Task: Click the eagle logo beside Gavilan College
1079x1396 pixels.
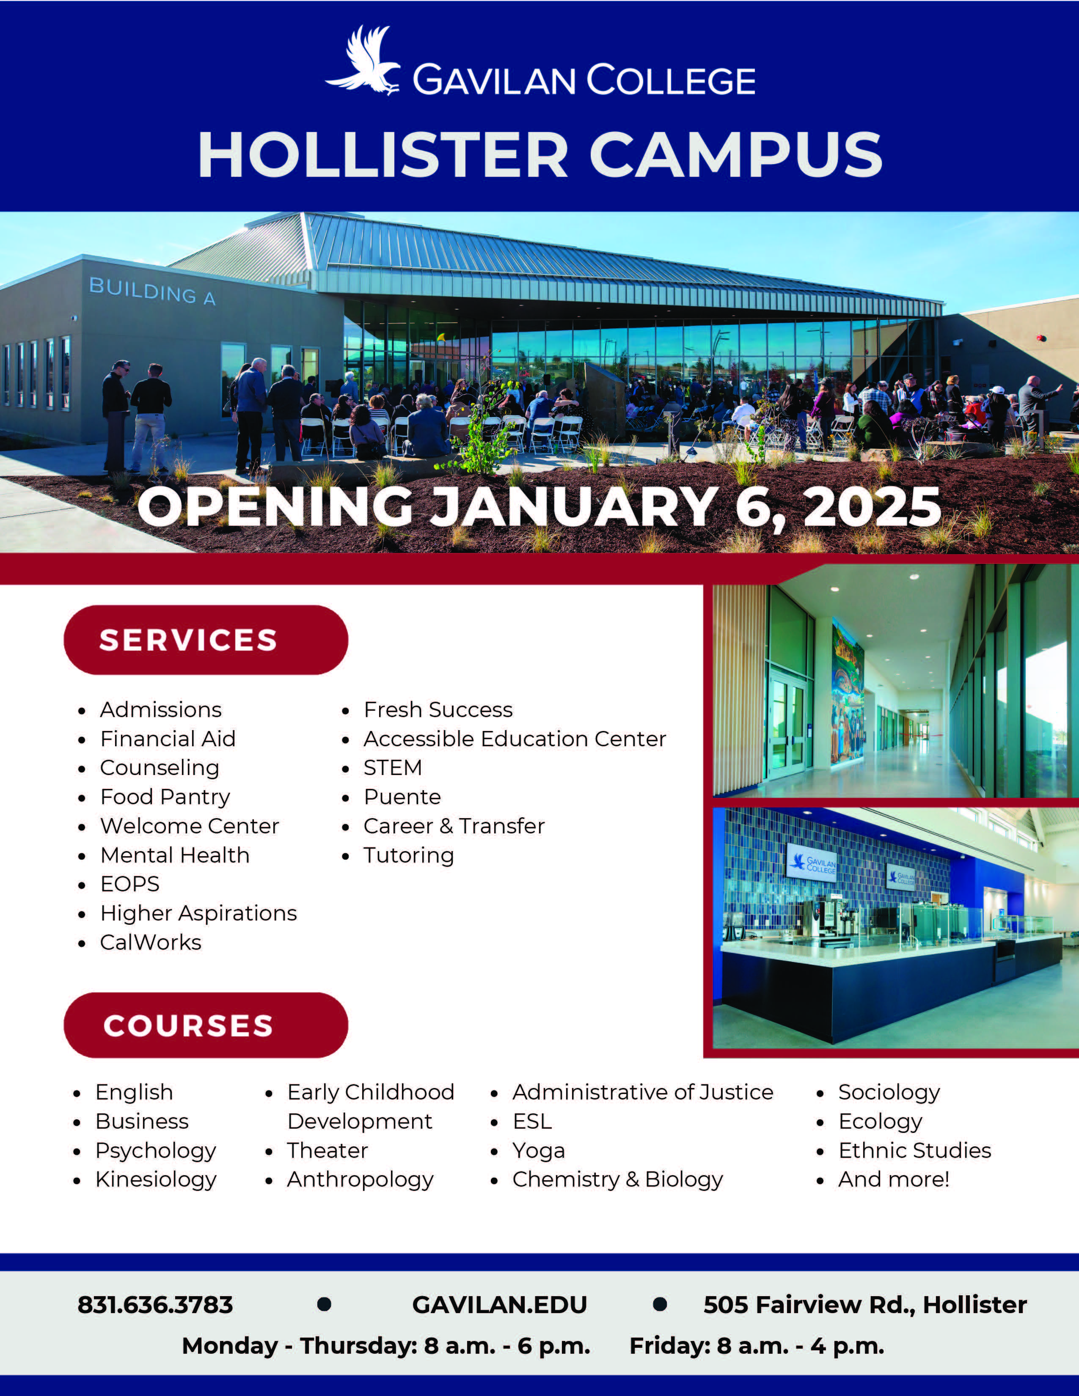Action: click(363, 61)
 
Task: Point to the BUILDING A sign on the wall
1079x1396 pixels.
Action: click(152, 291)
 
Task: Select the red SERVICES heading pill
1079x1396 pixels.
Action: click(206, 640)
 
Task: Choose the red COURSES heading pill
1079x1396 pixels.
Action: click(206, 1025)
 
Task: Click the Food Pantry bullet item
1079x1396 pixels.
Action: click(165, 797)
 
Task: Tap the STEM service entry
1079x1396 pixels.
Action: click(393, 768)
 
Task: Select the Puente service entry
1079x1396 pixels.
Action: click(402, 797)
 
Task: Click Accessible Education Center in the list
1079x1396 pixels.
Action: click(515, 739)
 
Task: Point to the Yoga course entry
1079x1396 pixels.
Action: click(538, 1151)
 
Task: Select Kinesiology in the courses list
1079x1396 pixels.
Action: click(156, 1180)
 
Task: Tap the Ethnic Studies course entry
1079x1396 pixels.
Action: click(915, 1151)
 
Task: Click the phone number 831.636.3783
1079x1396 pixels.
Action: click(155, 1305)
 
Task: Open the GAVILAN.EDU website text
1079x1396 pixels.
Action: click(499, 1305)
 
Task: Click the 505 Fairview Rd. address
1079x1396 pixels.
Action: click(865, 1305)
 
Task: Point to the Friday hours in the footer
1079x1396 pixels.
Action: click(757, 1346)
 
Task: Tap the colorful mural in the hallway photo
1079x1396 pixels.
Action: click(848, 701)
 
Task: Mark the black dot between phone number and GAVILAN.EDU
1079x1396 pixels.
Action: click(324, 1303)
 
